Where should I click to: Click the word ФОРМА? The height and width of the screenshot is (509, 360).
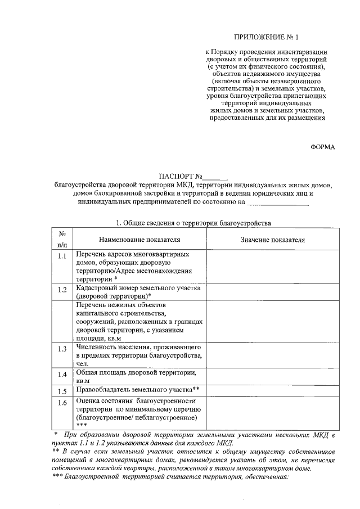(322, 147)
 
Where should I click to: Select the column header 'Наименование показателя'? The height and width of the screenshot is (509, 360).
(141, 239)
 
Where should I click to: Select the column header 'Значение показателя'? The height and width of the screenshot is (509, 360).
(273, 239)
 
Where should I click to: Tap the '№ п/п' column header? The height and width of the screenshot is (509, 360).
(62, 239)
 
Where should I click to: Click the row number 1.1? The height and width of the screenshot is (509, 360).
(62, 257)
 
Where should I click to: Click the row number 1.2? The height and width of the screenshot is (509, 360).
(62, 290)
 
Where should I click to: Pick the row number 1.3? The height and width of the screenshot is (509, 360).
(62, 349)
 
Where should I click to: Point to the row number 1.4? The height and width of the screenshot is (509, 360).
(62, 374)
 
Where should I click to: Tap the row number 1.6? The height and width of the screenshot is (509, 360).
(62, 403)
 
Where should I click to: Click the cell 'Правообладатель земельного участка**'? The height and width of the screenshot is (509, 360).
(138, 390)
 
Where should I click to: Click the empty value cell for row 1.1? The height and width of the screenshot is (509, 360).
(273, 266)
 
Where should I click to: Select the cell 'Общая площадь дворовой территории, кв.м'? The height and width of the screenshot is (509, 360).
(138, 376)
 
